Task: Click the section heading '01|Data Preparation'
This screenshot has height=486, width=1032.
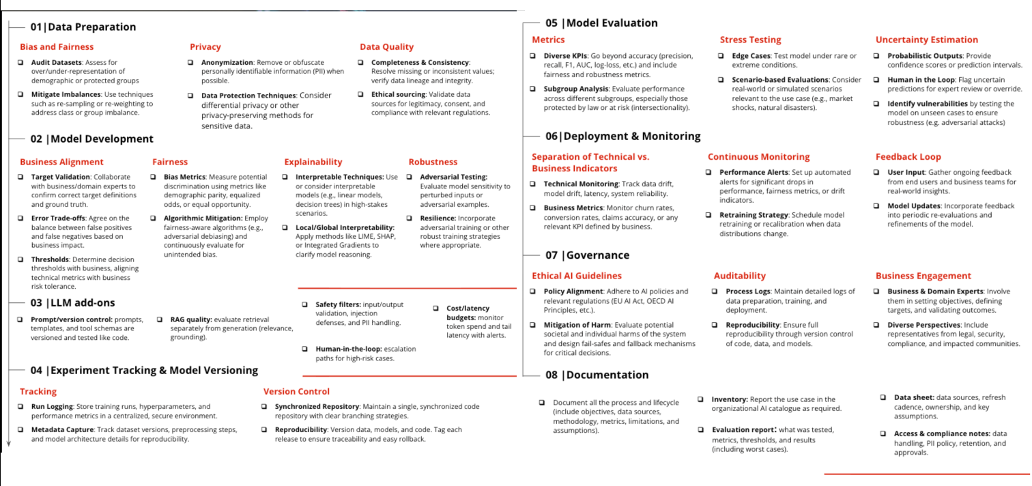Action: [x=83, y=27]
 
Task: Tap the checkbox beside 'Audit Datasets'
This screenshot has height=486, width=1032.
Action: [x=21, y=62]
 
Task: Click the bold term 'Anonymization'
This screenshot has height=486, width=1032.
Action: [x=227, y=62]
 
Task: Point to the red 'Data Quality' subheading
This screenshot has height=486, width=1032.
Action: [x=386, y=47]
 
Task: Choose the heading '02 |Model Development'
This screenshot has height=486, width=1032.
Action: [x=91, y=139]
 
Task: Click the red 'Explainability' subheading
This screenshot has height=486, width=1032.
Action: [x=313, y=162]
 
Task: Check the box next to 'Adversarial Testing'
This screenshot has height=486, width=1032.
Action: [x=412, y=177]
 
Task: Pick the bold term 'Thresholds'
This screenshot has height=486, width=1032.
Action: [x=50, y=259]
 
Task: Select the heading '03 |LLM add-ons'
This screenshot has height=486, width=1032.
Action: [x=72, y=302]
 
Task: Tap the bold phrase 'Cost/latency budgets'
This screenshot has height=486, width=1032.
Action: [x=468, y=313]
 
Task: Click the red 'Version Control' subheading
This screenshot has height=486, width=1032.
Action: [x=296, y=392]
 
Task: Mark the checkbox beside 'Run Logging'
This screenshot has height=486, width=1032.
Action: [x=21, y=407]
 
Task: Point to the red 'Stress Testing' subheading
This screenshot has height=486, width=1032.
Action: [x=750, y=40]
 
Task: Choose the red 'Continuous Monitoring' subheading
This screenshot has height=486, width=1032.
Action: [x=758, y=157]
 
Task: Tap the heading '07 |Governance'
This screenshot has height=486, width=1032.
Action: [x=587, y=255]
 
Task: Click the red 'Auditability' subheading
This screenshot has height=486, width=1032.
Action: [x=740, y=276]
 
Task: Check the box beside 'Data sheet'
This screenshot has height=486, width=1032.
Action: [x=883, y=397]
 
